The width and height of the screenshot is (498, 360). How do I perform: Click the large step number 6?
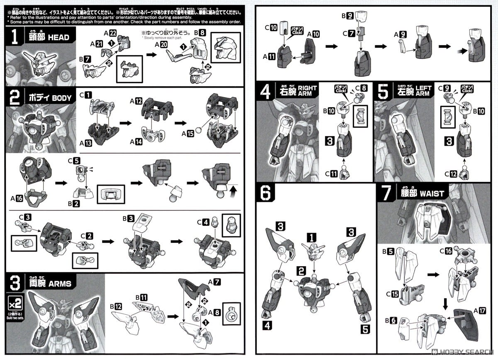266,193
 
